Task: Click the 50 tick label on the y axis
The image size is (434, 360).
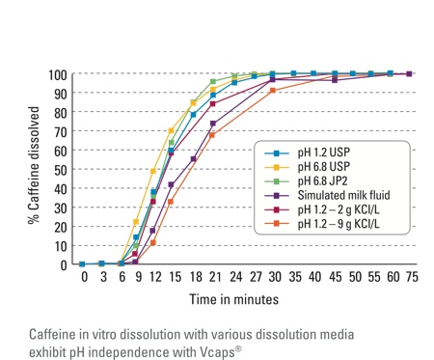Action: pyautogui.click(x=60, y=170)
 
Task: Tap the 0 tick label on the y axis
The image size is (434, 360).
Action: pyautogui.click(x=64, y=264)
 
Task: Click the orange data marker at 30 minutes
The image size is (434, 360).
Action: pyautogui.click(x=273, y=91)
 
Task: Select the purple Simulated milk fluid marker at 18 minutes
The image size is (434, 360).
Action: pyautogui.click(x=194, y=159)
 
